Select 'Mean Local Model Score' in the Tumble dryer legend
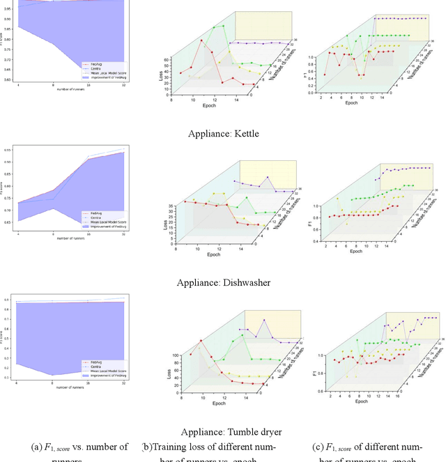(x=108, y=371)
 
